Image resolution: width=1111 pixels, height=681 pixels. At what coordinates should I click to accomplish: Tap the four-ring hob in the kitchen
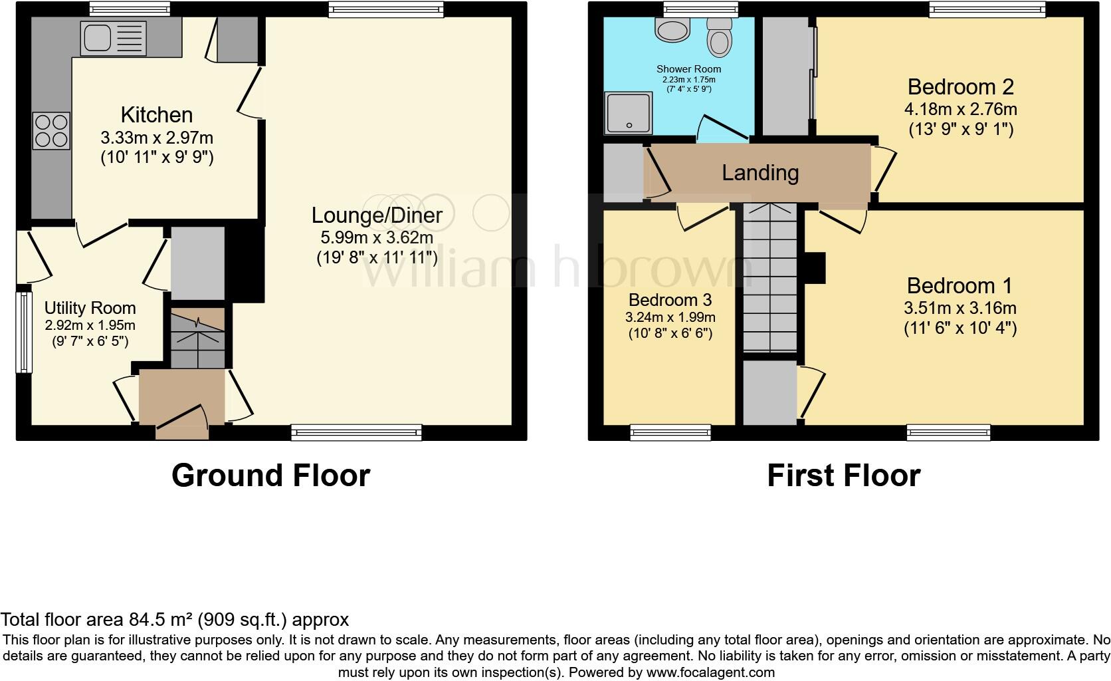tap(52, 131)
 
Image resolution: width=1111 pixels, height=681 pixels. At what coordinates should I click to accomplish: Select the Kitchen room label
tap(157, 114)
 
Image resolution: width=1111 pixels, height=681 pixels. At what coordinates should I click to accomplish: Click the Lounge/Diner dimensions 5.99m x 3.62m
tap(377, 237)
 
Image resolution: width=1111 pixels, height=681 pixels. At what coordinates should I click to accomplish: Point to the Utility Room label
tap(90, 308)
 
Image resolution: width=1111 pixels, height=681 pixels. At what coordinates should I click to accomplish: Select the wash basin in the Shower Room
tap(673, 28)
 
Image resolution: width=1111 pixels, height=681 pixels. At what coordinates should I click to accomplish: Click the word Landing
tap(760, 173)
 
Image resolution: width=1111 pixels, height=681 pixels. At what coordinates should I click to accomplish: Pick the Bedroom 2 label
tap(960, 87)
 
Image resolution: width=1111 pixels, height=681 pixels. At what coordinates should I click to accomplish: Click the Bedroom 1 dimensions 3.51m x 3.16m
tap(959, 308)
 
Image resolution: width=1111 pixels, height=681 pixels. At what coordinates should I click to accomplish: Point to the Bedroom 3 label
tap(671, 299)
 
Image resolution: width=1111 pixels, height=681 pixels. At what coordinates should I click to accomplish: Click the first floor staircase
tap(770, 279)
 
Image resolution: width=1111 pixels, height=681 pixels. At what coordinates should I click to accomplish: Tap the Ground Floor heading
tap(270, 476)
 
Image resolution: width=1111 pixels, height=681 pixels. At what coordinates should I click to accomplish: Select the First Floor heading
tap(843, 476)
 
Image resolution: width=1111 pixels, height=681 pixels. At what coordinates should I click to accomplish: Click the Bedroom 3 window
tap(670, 433)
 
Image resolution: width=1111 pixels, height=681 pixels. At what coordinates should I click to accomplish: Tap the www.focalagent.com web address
tap(710, 672)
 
